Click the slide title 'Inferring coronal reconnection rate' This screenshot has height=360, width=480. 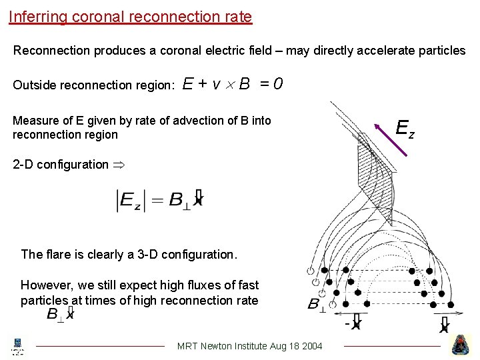click(131, 16)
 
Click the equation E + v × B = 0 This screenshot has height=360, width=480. click(233, 84)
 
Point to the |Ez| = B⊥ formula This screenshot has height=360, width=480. click(160, 200)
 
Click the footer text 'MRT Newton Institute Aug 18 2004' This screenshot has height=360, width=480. click(250, 345)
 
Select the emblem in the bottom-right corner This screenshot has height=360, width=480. click(461, 345)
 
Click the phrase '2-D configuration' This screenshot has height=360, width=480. click(60, 165)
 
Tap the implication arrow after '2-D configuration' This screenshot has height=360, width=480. click(118, 165)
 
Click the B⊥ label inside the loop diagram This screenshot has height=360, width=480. click(317, 305)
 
